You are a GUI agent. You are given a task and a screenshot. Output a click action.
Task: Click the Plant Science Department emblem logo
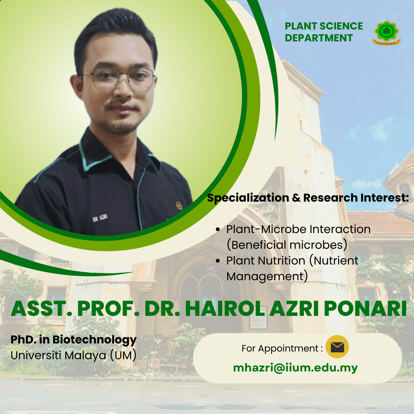(386, 33)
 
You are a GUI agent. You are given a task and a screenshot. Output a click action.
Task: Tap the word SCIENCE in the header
(341, 26)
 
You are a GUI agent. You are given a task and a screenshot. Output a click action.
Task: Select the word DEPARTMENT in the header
(319, 38)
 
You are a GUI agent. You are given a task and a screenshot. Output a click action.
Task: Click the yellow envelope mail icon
(337, 347)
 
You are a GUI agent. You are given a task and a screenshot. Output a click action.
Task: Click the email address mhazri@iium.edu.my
(296, 368)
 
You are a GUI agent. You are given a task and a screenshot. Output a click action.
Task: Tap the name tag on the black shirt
(100, 218)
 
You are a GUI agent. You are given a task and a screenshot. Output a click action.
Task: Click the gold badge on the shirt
(179, 206)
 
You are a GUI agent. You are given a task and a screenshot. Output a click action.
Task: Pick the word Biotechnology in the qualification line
(95, 340)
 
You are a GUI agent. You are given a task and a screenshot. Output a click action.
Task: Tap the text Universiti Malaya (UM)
(73, 355)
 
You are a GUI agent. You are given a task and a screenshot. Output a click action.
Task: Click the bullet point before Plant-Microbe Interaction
(218, 230)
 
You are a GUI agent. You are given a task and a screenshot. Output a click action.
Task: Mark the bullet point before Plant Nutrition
(218, 261)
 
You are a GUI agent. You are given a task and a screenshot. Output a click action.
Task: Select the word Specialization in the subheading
(248, 198)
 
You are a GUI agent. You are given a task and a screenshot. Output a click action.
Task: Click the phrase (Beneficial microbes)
(287, 245)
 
